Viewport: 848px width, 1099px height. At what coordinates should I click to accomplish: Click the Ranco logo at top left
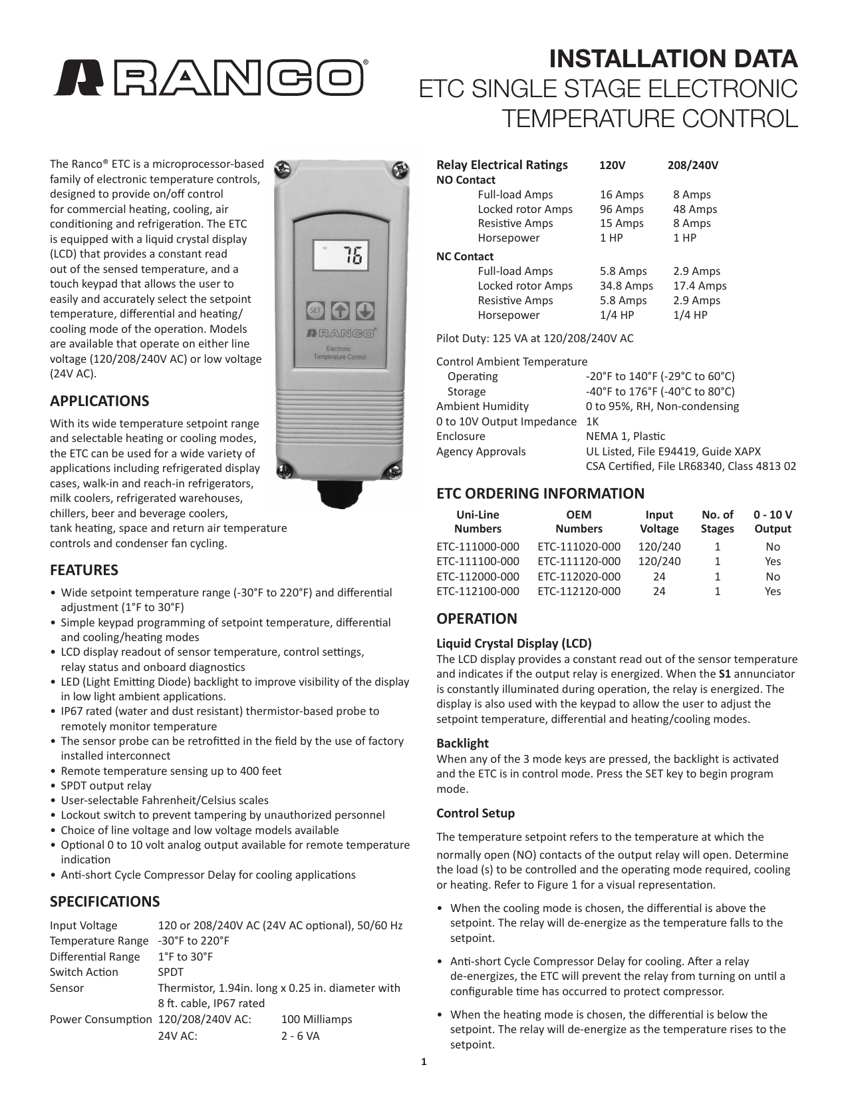click(210, 78)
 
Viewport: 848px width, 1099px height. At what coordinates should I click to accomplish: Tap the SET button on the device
click(315, 310)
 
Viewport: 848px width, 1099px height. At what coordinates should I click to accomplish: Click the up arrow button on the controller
click(341, 310)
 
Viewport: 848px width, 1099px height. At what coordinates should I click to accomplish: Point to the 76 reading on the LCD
click(353, 256)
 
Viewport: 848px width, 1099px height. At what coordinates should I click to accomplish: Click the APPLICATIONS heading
click(100, 401)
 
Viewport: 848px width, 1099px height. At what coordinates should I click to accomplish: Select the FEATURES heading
click(84, 570)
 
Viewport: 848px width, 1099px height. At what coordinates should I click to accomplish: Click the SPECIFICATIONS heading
click(105, 901)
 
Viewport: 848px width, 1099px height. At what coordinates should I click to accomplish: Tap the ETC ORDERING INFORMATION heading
click(540, 493)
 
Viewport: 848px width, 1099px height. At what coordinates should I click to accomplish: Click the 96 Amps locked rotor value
click(621, 209)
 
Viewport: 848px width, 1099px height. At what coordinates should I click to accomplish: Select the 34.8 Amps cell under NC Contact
click(626, 286)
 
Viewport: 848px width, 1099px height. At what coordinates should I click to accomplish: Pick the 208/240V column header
click(692, 165)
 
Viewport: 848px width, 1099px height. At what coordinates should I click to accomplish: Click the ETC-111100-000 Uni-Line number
click(478, 561)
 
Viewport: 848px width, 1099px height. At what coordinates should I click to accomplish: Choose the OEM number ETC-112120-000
click(579, 591)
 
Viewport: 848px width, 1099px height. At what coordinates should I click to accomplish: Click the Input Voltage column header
click(659, 521)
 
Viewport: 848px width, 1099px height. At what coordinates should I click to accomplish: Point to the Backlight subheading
click(462, 743)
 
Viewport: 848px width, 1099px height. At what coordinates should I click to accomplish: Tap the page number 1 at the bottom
click(424, 1062)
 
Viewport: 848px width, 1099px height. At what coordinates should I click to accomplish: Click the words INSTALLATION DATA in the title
click(673, 59)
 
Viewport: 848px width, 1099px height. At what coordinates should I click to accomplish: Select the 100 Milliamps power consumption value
click(317, 1019)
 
